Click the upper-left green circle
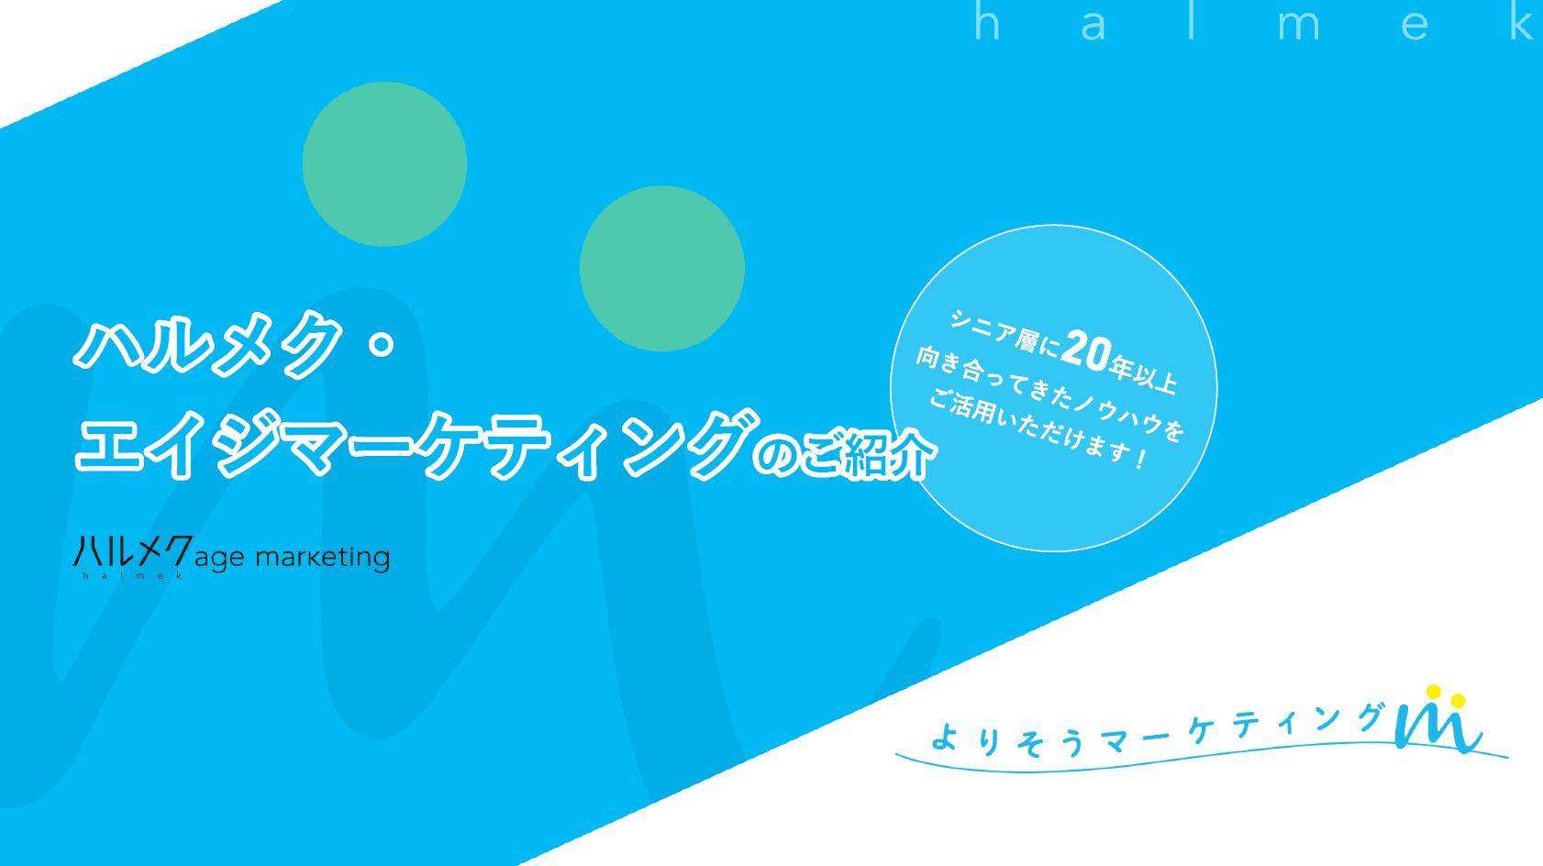point(384,164)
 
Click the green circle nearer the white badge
point(662,268)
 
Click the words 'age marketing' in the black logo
point(292,557)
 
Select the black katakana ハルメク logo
point(132,552)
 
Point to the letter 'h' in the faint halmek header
point(986,23)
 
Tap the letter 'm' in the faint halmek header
point(1298,28)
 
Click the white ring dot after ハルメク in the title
point(381,344)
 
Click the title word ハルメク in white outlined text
point(209,344)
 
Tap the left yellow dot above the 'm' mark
point(1434,692)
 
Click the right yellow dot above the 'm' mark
point(1458,701)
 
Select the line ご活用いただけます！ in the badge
point(1038,428)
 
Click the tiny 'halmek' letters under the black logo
point(132,575)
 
